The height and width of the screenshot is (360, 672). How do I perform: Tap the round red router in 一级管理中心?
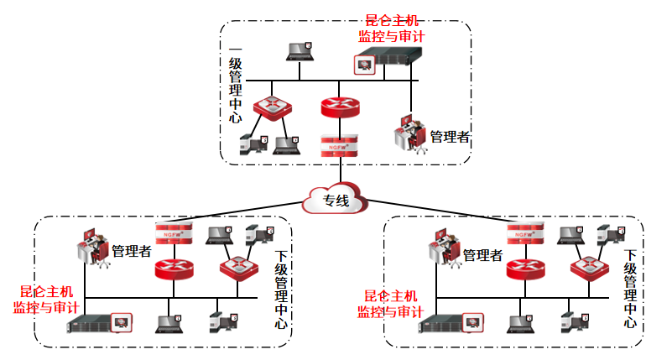(339, 107)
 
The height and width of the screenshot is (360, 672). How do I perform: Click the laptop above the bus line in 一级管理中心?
(300, 50)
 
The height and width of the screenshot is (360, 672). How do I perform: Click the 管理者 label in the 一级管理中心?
(450, 137)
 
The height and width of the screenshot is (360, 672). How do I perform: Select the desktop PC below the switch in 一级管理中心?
(253, 143)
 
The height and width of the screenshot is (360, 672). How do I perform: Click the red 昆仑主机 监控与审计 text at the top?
(391, 29)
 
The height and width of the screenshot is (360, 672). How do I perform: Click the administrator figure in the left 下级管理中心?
(94, 248)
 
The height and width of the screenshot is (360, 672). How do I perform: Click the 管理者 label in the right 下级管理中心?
(483, 254)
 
